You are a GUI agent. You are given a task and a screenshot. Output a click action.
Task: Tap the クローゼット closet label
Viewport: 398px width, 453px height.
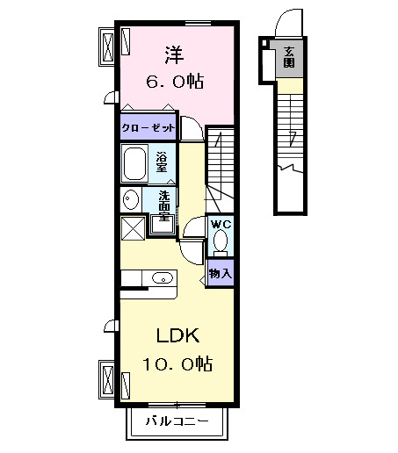[148, 127]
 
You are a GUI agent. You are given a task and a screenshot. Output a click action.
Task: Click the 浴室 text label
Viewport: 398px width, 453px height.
[162, 162]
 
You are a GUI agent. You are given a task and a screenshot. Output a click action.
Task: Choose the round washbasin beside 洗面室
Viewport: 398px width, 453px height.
[130, 198]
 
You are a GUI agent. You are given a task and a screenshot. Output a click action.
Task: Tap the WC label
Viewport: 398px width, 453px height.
[220, 224]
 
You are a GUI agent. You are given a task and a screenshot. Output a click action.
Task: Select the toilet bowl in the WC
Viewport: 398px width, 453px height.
[221, 241]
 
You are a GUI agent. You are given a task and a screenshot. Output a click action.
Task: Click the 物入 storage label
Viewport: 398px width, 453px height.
[221, 274]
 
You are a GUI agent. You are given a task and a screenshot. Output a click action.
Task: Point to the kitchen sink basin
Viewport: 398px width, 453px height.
[161, 278]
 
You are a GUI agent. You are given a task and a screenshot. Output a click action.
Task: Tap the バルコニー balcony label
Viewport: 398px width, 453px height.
[177, 422]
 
